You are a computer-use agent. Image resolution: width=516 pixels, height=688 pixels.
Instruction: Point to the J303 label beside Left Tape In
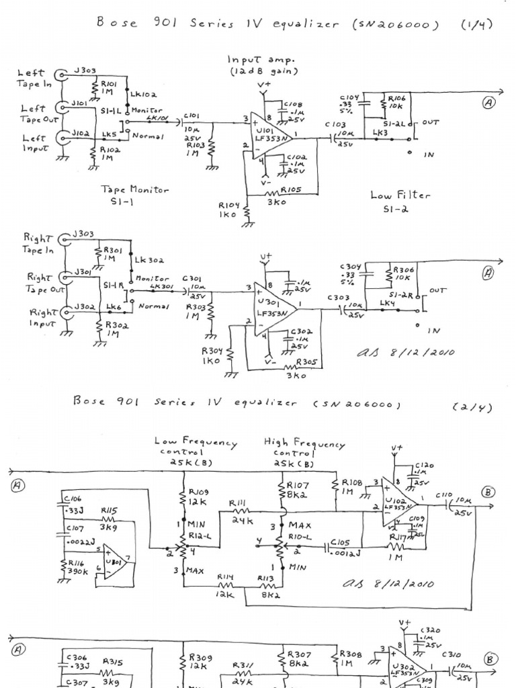pyautogui.click(x=85, y=69)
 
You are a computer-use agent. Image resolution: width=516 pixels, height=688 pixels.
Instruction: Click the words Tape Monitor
pyautogui.click(x=135, y=190)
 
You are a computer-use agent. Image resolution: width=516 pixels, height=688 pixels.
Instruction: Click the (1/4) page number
pyautogui.click(x=476, y=25)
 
